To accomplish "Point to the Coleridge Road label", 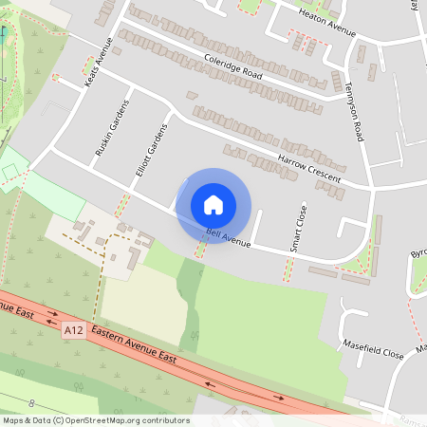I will pos(232,65).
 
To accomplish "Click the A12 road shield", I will pos(74,329).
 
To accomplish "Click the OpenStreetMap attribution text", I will pos(95,420).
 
